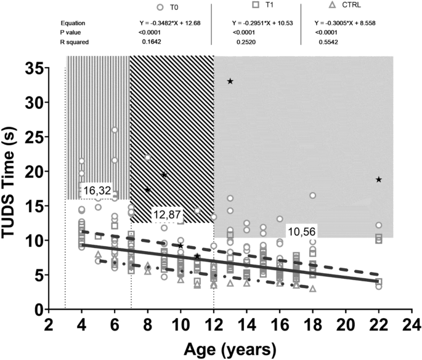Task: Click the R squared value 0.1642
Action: pos(150,43)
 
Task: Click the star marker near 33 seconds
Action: pos(230,81)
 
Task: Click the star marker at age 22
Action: pos(379,180)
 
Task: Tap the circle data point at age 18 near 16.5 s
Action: pos(313,195)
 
